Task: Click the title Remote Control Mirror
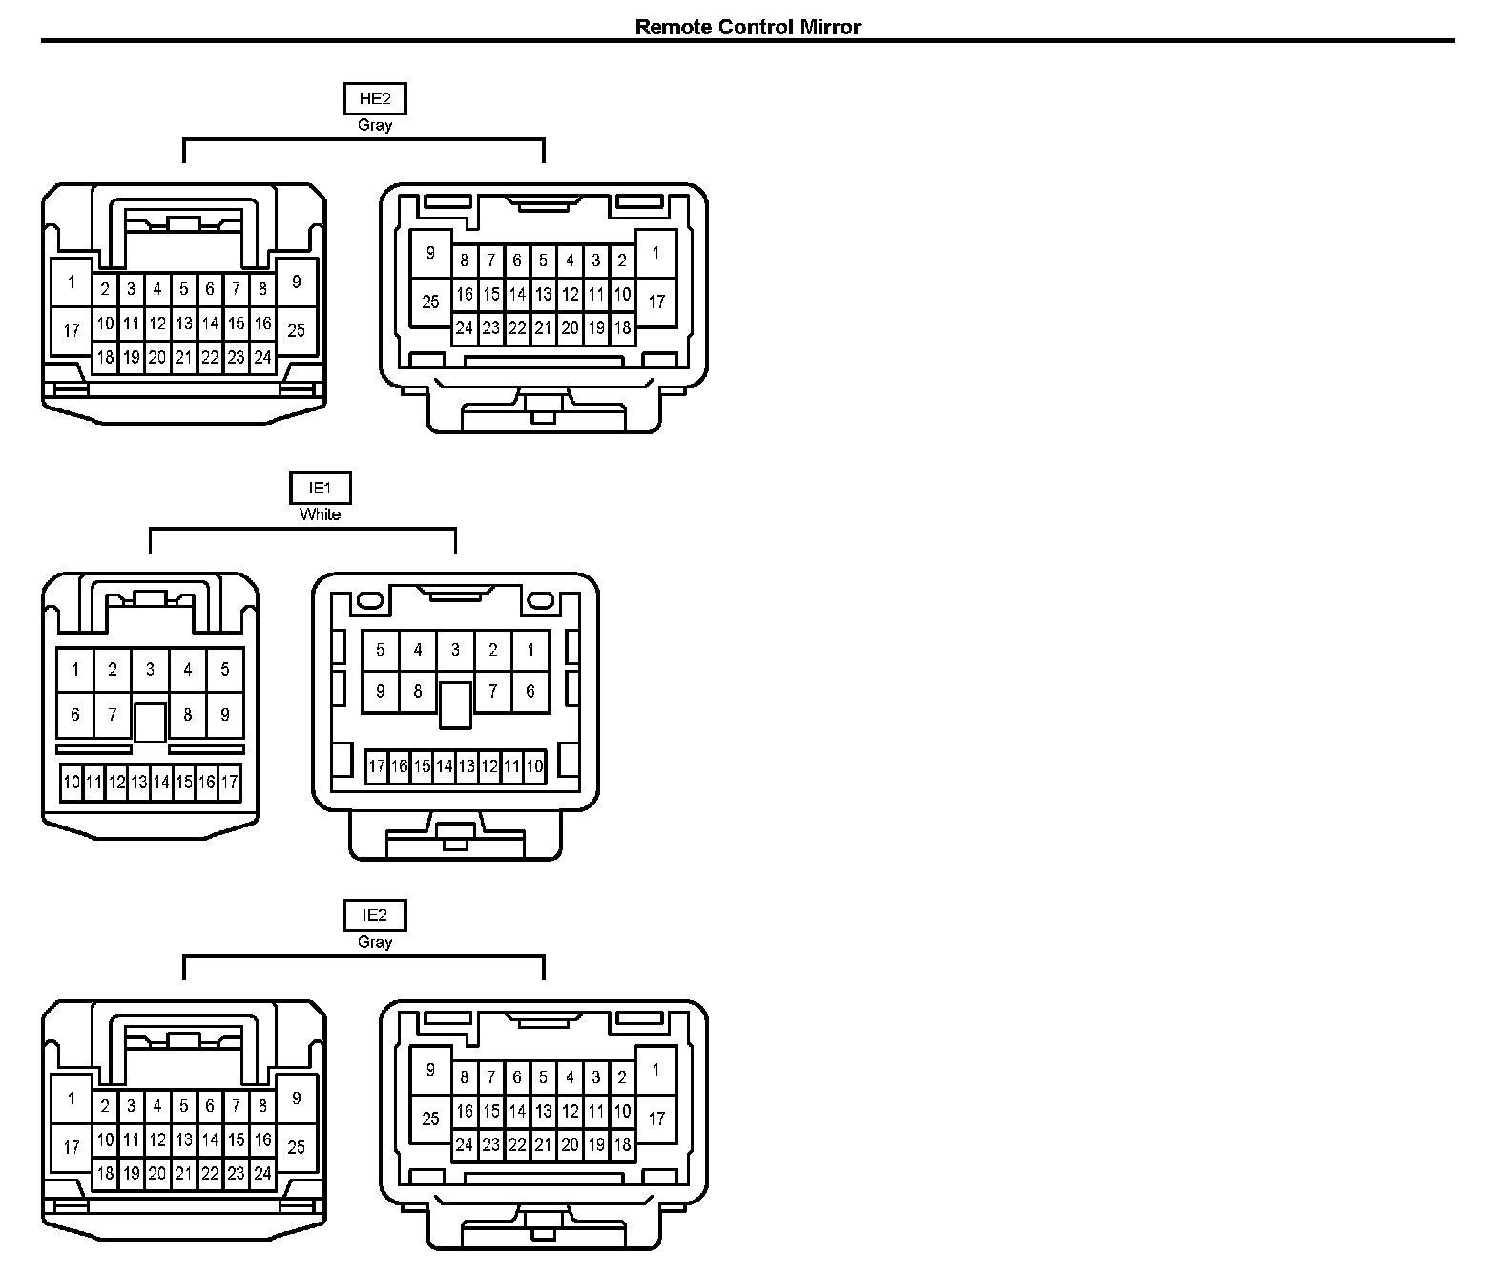click(747, 27)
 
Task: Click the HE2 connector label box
click(375, 98)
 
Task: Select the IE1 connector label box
click(320, 488)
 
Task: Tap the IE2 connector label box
click(375, 915)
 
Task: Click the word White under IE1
click(320, 514)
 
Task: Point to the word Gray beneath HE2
click(375, 125)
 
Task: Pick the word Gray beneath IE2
click(375, 942)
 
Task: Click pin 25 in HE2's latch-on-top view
click(296, 329)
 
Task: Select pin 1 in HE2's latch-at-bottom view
click(655, 254)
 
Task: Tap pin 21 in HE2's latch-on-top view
click(184, 358)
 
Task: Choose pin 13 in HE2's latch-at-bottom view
click(543, 295)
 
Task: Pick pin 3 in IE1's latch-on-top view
click(150, 669)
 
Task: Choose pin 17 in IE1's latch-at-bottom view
click(377, 765)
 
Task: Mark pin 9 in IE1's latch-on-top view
click(225, 714)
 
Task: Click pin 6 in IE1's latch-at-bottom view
click(530, 692)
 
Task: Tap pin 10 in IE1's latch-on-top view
click(72, 783)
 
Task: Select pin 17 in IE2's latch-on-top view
click(72, 1146)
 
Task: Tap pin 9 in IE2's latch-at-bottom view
click(430, 1070)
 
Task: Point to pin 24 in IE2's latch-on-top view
click(262, 1174)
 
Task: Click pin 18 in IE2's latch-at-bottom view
click(622, 1144)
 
